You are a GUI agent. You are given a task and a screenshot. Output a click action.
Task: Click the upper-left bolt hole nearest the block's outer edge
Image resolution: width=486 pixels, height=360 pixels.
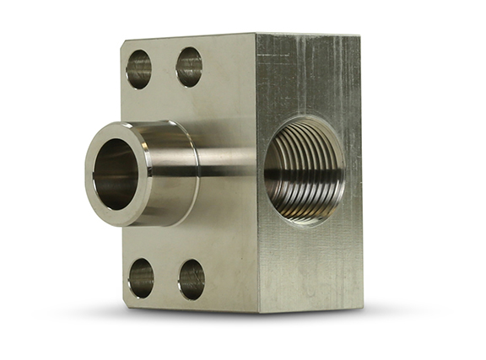tap(138, 70)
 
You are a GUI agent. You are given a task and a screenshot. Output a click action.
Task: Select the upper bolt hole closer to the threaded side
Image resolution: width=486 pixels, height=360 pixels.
tap(189, 67)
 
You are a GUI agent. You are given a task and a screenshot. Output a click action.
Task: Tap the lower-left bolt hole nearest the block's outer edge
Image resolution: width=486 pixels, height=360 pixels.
tap(141, 277)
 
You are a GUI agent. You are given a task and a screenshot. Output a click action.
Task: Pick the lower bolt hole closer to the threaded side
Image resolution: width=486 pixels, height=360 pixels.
tap(192, 279)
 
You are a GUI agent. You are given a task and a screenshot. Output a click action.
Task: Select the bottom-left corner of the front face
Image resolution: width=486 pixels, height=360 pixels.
tap(126, 303)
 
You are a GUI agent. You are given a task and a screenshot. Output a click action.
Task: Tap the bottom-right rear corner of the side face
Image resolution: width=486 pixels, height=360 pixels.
tap(362, 305)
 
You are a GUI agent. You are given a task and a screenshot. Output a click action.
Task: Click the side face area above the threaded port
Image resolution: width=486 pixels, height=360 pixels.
tap(308, 76)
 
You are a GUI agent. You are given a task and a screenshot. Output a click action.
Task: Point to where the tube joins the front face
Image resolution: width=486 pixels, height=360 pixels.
tap(198, 169)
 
